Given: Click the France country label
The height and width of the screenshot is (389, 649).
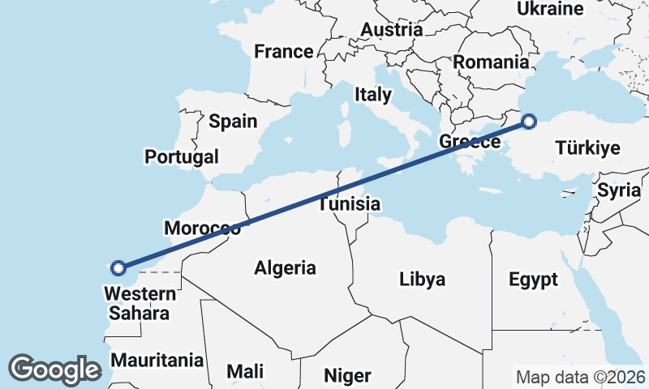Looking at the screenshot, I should pos(283,52).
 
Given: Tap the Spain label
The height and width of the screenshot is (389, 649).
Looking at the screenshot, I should pos(233,122).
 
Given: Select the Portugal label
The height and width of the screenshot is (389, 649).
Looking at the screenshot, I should pos(182,156).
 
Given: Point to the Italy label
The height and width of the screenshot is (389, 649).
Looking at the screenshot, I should pos(372,94).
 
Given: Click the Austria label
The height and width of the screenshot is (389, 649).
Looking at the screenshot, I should pos(391,30).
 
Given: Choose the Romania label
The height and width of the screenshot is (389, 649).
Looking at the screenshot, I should pos(491,62).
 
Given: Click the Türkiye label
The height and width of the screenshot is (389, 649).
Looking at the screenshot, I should pos(588,147).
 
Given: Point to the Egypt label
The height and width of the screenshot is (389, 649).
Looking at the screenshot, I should pos(533,280).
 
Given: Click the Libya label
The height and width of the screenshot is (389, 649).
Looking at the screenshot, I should pos(423,280).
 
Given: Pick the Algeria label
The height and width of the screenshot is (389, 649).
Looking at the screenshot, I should pos(285,267).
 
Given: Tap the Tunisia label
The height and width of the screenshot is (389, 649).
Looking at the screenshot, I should pos(349,203).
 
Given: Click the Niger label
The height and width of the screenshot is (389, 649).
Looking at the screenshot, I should pos(347,375).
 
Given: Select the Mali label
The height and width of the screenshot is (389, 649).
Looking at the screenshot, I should pos(245,371).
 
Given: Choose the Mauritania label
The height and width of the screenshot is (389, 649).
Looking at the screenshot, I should pos(157,360).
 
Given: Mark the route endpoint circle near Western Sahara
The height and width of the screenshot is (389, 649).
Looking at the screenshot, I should pos(118,267).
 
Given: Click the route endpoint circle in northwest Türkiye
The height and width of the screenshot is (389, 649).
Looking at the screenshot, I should pos(529,122).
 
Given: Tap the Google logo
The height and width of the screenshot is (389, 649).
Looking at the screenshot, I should pos(54,370).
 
